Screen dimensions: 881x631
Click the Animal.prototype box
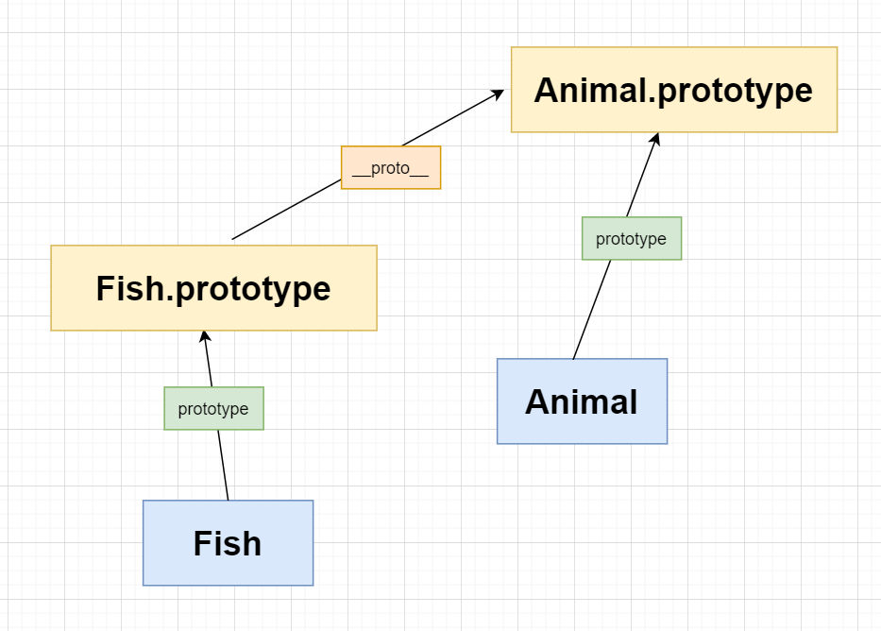tap(674, 90)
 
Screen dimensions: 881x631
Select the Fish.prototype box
tap(214, 288)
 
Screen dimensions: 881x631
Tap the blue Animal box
tap(582, 401)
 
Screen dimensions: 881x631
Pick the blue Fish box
tap(229, 543)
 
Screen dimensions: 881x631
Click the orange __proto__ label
tap(391, 167)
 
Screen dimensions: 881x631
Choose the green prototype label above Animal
tap(632, 238)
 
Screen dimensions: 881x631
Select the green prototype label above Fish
tap(214, 408)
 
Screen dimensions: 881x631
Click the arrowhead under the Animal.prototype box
tap(654, 139)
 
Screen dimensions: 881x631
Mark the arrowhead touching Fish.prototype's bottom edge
tap(205, 336)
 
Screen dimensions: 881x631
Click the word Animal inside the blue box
tap(582, 401)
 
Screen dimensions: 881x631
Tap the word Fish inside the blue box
tap(228, 543)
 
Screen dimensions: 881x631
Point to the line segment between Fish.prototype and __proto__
tap(286, 210)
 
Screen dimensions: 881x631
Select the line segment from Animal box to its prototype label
tap(592, 310)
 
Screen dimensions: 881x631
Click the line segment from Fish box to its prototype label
tap(223, 466)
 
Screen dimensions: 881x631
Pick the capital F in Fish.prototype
tap(106, 288)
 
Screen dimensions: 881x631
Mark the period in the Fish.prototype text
tap(170, 298)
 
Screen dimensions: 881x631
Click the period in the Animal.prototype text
tap(652, 100)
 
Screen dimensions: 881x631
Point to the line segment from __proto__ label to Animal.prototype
tap(453, 118)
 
